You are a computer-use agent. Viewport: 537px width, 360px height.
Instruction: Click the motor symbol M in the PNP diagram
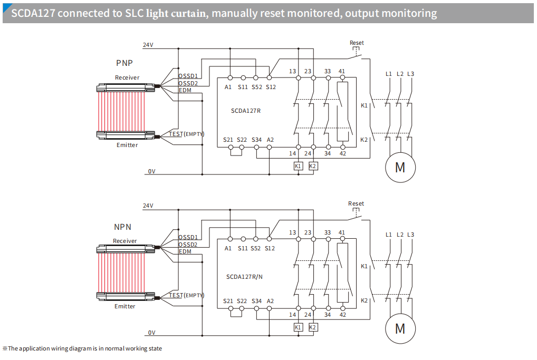tap(400, 167)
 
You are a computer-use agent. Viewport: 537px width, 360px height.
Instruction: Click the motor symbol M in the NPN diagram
tap(400, 328)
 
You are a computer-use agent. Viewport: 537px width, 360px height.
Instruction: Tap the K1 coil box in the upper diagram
tap(298, 166)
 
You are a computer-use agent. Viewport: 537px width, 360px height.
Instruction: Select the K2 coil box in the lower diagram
tap(313, 327)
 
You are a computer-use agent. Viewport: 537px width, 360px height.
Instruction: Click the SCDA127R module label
tap(246, 111)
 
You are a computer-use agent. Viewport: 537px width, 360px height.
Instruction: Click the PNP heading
tap(124, 63)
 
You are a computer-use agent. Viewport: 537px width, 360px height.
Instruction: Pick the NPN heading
tap(123, 227)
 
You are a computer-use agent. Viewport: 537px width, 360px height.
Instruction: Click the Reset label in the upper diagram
tap(357, 43)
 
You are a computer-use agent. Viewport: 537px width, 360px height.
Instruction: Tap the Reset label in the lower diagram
tap(356, 203)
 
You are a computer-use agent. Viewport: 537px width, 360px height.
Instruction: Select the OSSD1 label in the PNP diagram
tap(188, 76)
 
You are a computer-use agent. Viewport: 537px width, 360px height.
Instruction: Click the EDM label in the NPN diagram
tap(185, 251)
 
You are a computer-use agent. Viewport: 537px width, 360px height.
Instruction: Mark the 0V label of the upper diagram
tap(151, 171)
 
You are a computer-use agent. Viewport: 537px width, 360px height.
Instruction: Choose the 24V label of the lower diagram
tap(148, 206)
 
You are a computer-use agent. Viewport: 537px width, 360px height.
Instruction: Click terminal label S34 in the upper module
tap(256, 140)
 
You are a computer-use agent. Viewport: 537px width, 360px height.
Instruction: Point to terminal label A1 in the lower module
tap(228, 248)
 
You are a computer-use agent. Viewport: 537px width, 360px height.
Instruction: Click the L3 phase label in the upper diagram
tap(410, 74)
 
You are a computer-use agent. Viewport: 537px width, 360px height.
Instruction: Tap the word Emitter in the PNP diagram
tap(127, 145)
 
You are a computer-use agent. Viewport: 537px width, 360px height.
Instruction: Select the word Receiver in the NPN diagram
tap(125, 241)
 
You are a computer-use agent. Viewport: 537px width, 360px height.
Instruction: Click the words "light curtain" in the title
tap(172, 13)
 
